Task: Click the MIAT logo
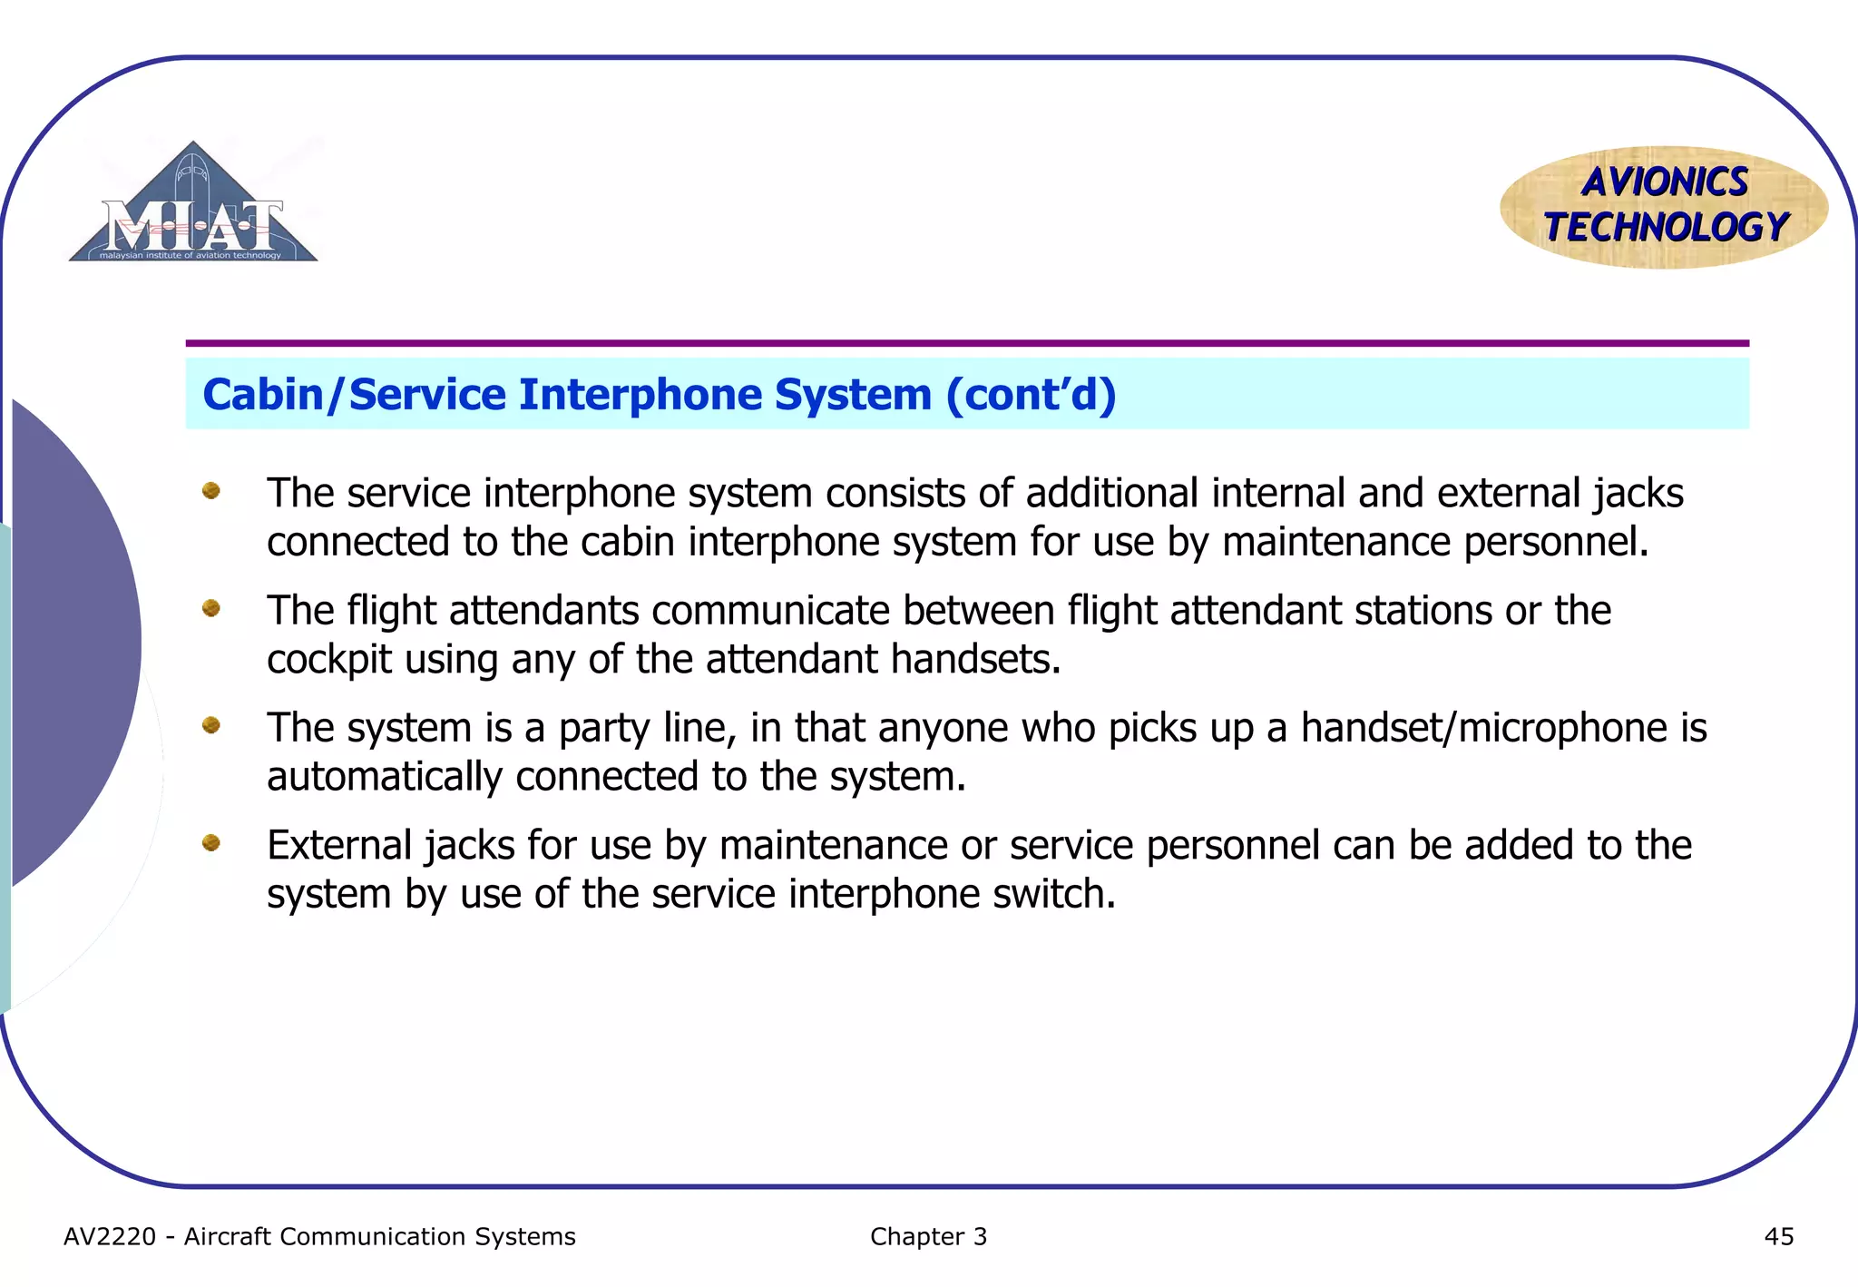click(x=193, y=208)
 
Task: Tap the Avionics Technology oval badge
click(x=1664, y=207)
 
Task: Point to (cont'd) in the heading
click(x=1031, y=395)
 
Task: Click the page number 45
click(x=1778, y=1236)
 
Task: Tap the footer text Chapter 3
click(x=928, y=1236)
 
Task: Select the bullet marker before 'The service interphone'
click(x=211, y=491)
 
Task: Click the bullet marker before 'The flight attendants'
click(x=211, y=608)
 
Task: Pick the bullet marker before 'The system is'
click(x=211, y=725)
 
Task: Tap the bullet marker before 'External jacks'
click(x=211, y=843)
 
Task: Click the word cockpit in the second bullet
click(x=329, y=660)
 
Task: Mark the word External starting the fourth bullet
click(x=340, y=845)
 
